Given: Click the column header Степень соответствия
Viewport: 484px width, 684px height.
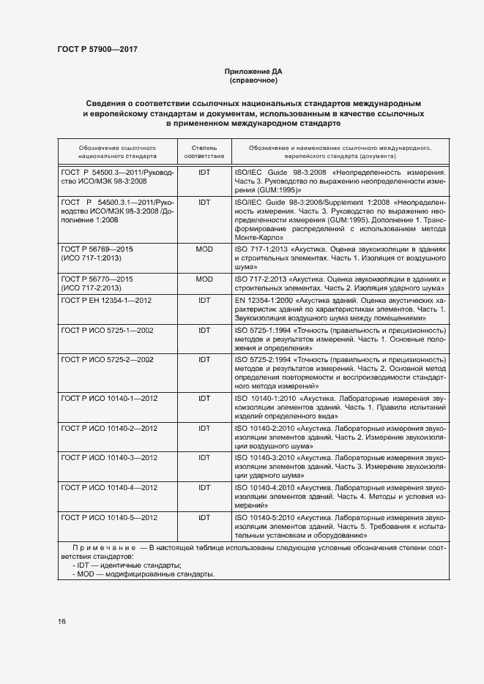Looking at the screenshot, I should click(x=204, y=151).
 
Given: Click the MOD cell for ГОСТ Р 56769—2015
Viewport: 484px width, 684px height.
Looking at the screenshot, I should click(x=204, y=249).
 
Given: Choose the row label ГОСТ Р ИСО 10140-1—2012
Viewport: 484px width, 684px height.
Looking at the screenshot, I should click(x=109, y=398).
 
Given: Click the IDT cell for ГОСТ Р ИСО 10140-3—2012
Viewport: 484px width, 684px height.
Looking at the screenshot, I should click(x=204, y=457).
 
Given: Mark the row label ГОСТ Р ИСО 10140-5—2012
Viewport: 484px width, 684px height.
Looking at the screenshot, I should click(x=109, y=517).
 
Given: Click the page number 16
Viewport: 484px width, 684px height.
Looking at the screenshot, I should click(x=62, y=621).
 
